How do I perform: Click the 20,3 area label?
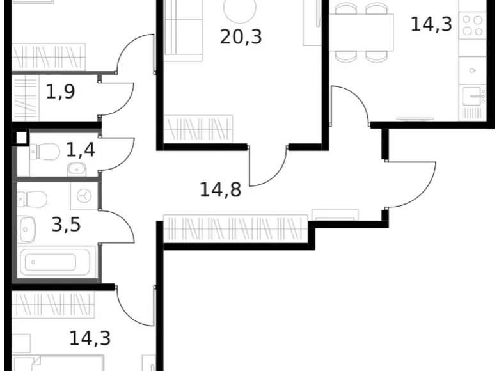[241, 36]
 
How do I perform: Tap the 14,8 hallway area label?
[220, 189]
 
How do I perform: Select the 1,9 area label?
[60, 92]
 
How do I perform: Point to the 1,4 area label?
[81, 151]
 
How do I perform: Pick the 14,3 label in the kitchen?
[431, 24]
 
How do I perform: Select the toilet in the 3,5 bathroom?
[31, 199]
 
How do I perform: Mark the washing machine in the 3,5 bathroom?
[84, 197]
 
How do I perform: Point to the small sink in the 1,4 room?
[77, 169]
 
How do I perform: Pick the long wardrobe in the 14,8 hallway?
[235, 228]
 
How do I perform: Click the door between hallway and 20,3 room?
[269, 164]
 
